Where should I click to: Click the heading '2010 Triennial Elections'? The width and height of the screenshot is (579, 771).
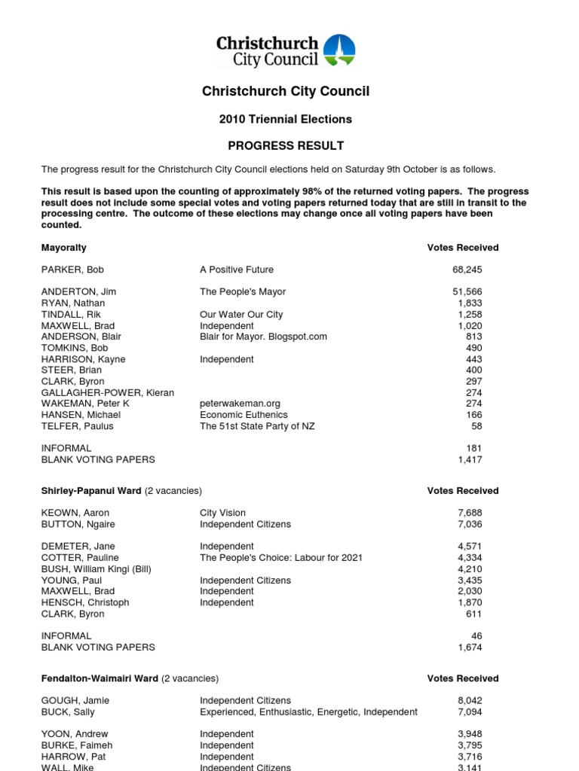tap(285, 119)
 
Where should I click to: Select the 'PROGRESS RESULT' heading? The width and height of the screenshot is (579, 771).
tap(285, 145)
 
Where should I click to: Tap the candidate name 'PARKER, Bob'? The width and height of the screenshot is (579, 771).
tap(72, 270)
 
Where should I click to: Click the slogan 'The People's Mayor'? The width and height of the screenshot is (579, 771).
tap(243, 291)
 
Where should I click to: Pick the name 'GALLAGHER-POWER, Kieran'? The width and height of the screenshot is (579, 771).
tap(107, 393)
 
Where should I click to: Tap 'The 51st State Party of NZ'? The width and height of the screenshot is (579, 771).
tap(257, 427)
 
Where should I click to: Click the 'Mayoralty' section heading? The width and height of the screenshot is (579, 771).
tap(63, 248)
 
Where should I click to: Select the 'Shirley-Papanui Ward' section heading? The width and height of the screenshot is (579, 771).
tap(91, 491)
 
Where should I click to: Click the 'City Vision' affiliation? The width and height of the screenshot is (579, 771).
tap(222, 513)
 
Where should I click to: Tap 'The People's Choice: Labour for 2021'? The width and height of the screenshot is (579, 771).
tap(281, 558)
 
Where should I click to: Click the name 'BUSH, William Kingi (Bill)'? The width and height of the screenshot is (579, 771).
tap(96, 569)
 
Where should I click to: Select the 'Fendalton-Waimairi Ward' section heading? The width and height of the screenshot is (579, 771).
tap(100, 678)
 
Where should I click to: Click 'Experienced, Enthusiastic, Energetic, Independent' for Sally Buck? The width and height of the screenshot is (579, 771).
tap(308, 712)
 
